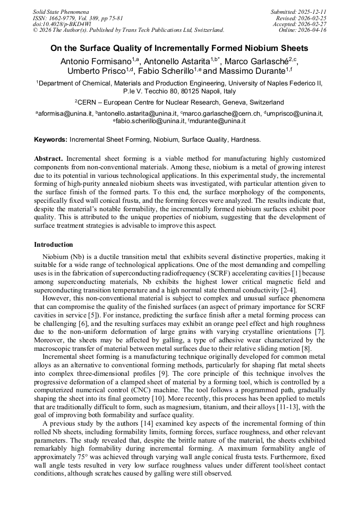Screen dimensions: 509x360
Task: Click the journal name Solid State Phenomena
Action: [61, 11]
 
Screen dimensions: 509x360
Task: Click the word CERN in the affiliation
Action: [88, 102]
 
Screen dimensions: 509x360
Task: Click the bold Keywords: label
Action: [51, 140]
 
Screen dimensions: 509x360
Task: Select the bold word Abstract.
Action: [49, 159]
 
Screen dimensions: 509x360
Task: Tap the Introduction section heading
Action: [54, 245]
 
